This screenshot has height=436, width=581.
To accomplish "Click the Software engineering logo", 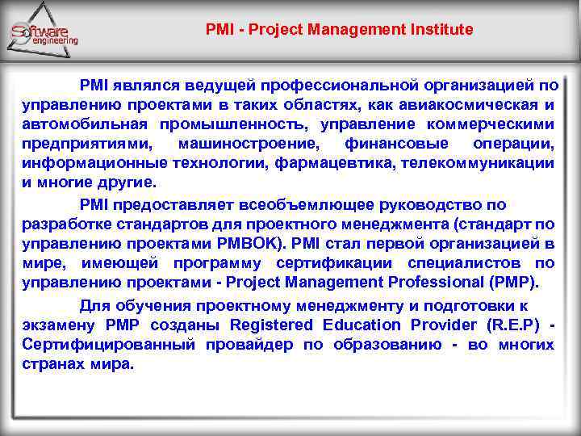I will (x=45, y=32).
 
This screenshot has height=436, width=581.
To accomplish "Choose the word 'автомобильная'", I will (x=85, y=124).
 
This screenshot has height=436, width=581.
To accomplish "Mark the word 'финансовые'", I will (x=396, y=144).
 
